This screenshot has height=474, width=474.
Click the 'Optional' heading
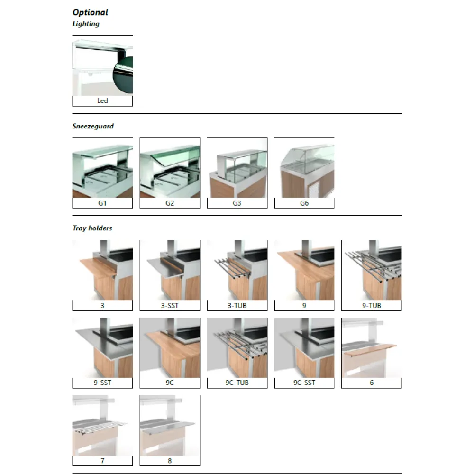pyautogui.click(x=90, y=12)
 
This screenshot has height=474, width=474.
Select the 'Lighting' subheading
pyautogui.click(x=86, y=23)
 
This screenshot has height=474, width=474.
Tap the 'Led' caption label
pyautogui.click(x=102, y=101)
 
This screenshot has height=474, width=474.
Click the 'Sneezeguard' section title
pyautogui.click(x=93, y=127)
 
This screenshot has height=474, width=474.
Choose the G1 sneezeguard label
pyautogui.click(x=102, y=203)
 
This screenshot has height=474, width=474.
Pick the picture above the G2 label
pyautogui.click(x=170, y=168)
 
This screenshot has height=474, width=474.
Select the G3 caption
pyautogui.click(x=237, y=203)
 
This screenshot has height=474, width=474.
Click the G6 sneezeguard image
pyautogui.click(x=304, y=168)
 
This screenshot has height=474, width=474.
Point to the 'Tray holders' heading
pyautogui.click(x=92, y=228)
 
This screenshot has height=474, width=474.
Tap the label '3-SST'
pyautogui.click(x=170, y=306)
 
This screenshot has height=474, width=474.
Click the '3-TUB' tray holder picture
pyautogui.click(x=237, y=270)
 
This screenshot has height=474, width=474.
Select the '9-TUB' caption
pyautogui.click(x=372, y=306)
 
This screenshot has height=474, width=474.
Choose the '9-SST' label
pyautogui.click(x=102, y=383)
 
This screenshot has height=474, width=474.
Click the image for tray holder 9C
pyautogui.click(x=170, y=347)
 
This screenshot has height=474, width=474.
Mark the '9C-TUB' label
pyautogui.click(x=237, y=383)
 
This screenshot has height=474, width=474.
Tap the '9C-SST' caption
pyautogui.click(x=304, y=383)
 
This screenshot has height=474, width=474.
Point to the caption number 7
pyautogui.click(x=102, y=461)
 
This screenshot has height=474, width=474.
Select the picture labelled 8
pyautogui.click(x=170, y=425)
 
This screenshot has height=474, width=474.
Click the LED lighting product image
pyautogui.click(x=102, y=68)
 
